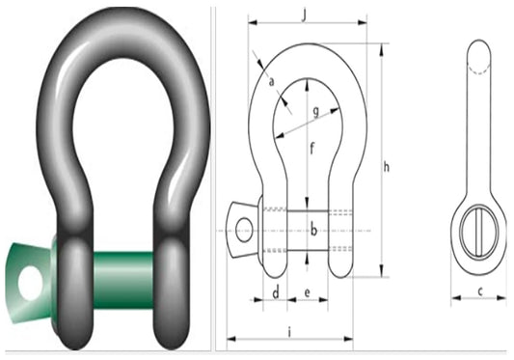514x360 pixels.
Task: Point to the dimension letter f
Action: pyautogui.click(x=311, y=149)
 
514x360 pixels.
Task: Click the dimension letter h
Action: pyautogui.click(x=386, y=167)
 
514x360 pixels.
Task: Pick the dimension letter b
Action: pyautogui.click(x=313, y=231)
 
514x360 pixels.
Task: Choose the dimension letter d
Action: pyautogui.click(x=276, y=291)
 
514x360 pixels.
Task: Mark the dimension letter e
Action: pyautogui.click(x=307, y=291)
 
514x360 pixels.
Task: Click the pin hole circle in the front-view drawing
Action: pyautogui.click(x=244, y=230)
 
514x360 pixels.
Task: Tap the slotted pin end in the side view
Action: pyautogui.click(x=479, y=233)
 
